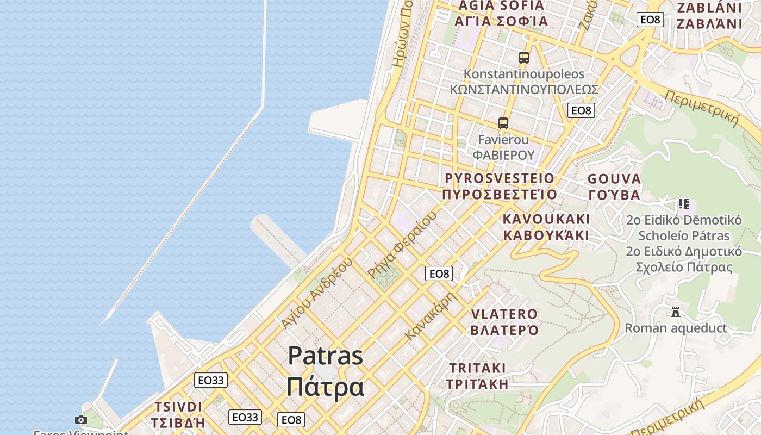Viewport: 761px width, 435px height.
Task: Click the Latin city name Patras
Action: (325, 356)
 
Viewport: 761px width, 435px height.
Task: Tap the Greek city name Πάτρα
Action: (325, 387)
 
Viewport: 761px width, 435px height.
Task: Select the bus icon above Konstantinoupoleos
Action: (523, 57)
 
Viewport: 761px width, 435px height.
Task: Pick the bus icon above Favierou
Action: (503, 123)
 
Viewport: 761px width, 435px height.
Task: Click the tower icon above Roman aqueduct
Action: (676, 312)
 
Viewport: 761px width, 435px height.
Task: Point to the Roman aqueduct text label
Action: (676, 328)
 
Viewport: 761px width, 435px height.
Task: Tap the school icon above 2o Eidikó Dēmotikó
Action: (683, 204)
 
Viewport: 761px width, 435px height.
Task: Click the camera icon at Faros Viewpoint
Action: (81, 420)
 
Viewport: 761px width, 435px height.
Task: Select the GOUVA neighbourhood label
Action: (614, 179)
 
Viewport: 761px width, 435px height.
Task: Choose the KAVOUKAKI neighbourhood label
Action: (546, 219)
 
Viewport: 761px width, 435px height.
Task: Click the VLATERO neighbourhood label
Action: (504, 314)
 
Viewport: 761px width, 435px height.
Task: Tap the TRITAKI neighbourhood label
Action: (477, 368)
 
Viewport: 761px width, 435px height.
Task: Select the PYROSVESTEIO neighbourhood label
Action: (500, 178)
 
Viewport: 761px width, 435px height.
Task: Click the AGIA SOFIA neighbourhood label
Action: (501, 6)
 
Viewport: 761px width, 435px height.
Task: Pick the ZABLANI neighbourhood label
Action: (709, 8)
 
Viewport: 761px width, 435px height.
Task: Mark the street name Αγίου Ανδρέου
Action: (317, 293)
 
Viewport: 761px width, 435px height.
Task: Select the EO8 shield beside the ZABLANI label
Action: (650, 20)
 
